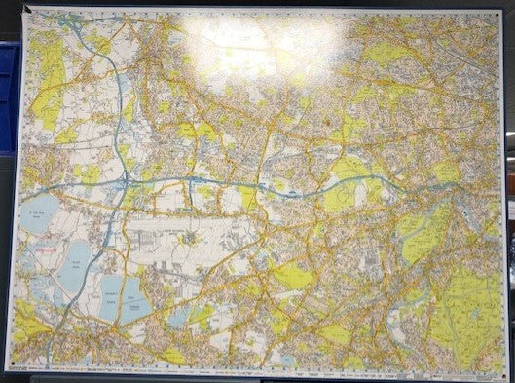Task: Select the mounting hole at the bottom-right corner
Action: coord(502,370)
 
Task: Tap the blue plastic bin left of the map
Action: coord(9,97)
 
